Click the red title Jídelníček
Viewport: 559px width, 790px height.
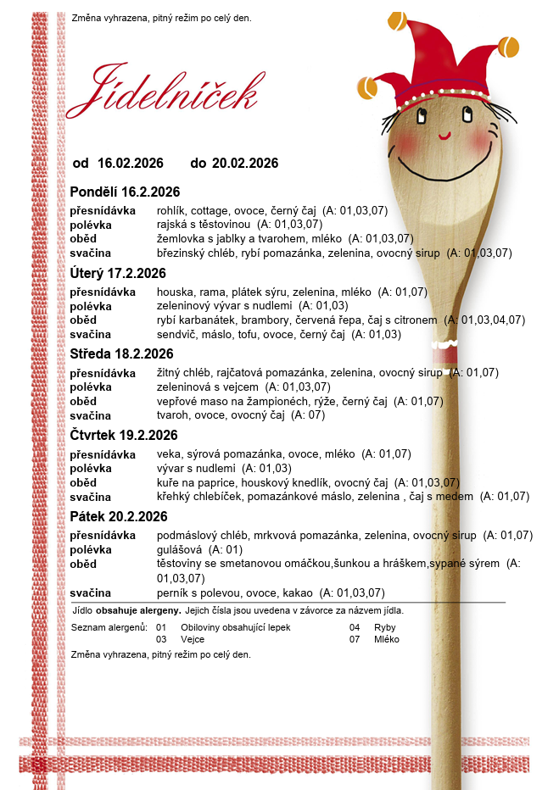click(x=162, y=90)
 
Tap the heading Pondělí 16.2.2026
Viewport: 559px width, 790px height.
click(x=125, y=192)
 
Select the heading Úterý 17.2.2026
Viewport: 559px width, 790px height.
click(x=118, y=273)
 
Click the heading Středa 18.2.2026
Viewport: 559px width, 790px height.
click(x=121, y=353)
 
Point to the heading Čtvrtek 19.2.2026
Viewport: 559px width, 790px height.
click(x=124, y=435)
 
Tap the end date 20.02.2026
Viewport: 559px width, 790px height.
click(x=245, y=163)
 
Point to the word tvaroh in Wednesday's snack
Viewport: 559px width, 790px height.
click(x=173, y=415)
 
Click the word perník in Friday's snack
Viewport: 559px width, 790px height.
click(x=173, y=592)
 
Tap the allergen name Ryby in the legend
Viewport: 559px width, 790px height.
click(x=384, y=627)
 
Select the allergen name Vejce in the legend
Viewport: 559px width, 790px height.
click(x=193, y=639)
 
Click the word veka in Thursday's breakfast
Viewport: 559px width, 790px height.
click(x=168, y=454)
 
